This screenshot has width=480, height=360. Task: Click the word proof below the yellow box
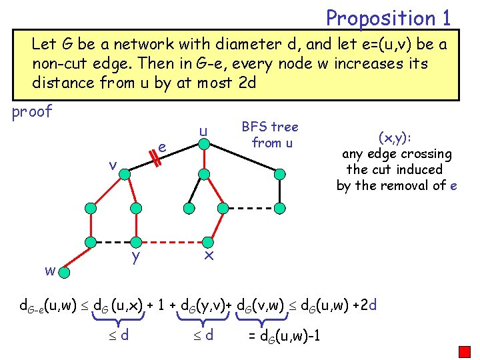pyautogui.click(x=32, y=111)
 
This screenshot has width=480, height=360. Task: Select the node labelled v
pyautogui.click(x=124, y=174)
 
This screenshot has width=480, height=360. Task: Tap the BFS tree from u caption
pyautogui.click(x=269, y=134)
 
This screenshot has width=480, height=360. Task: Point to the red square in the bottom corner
pyautogui.click(x=464, y=351)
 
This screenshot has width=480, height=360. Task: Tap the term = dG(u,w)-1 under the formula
pyautogui.click(x=284, y=335)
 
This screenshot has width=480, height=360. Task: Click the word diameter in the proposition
pyautogui.click(x=248, y=45)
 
